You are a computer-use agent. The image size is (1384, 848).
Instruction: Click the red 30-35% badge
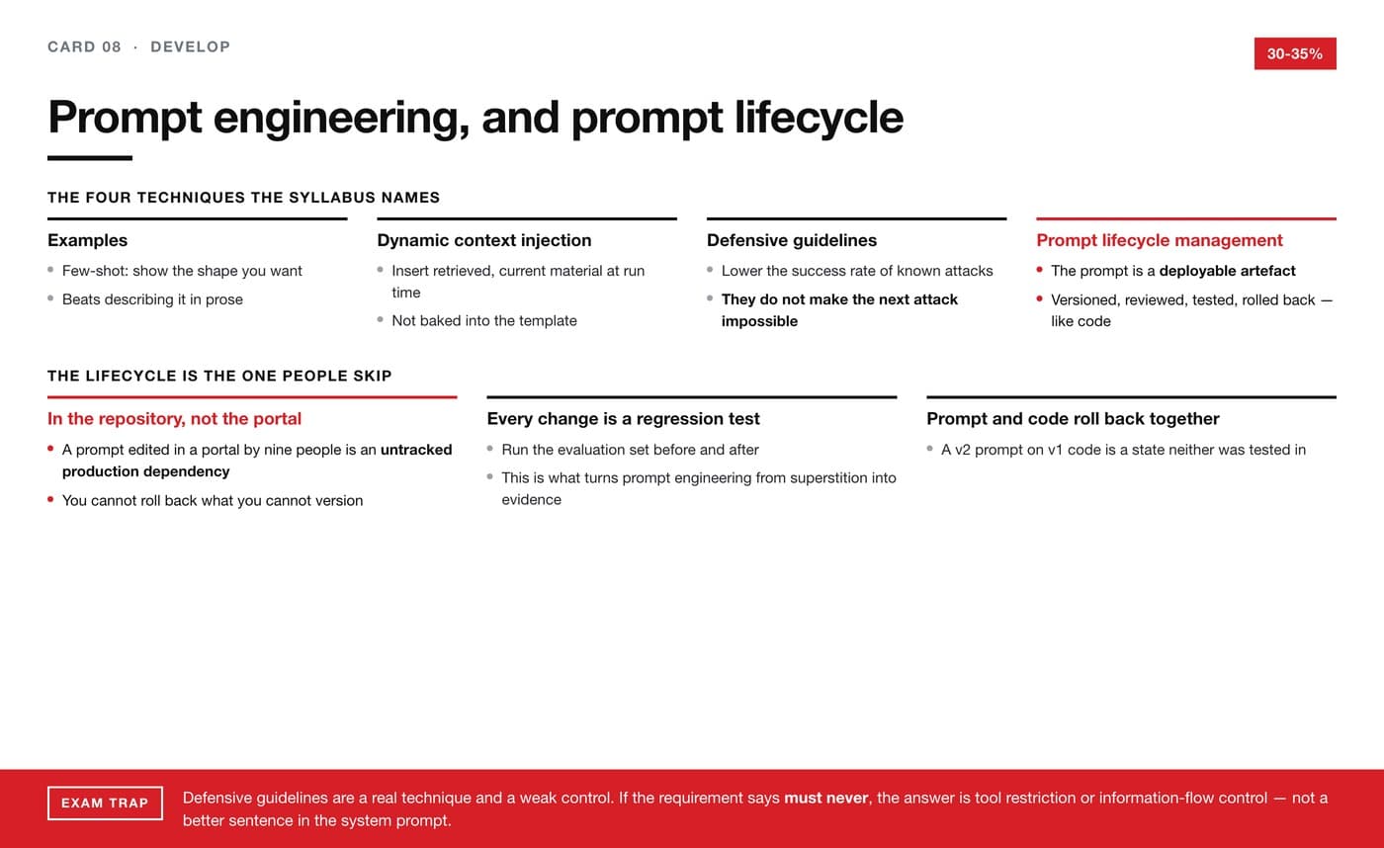click(x=1295, y=53)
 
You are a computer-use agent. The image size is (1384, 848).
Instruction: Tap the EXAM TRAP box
click(x=105, y=803)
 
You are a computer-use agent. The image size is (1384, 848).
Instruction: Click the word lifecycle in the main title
click(x=819, y=118)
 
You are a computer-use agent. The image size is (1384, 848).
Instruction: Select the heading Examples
click(x=88, y=240)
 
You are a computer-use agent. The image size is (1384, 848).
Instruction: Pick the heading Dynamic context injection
click(x=484, y=240)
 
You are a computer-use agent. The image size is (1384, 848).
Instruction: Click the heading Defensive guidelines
click(x=792, y=240)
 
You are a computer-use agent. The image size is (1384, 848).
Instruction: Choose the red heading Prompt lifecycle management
click(x=1160, y=240)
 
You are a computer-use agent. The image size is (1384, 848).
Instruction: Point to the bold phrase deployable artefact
click(x=1227, y=271)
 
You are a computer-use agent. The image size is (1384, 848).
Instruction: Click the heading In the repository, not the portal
click(x=174, y=419)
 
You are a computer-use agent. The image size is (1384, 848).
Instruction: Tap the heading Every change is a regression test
click(x=624, y=419)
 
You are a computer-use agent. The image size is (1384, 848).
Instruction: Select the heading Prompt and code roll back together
click(x=1074, y=419)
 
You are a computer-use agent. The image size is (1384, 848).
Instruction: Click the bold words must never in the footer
click(x=826, y=798)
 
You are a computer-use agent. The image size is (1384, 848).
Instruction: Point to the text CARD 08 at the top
click(x=85, y=46)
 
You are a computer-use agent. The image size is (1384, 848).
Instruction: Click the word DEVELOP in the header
click(x=190, y=46)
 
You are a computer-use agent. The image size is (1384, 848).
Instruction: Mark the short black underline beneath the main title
click(x=90, y=158)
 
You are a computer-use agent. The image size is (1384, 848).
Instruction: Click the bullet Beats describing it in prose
click(x=152, y=299)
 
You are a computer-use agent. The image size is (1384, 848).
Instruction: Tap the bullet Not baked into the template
click(x=484, y=320)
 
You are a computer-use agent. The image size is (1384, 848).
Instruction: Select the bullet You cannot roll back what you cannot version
click(x=213, y=500)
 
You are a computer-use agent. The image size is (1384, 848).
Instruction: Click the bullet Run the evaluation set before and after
click(x=631, y=450)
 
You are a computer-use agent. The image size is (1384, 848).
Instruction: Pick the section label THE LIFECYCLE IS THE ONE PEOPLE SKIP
click(x=219, y=377)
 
